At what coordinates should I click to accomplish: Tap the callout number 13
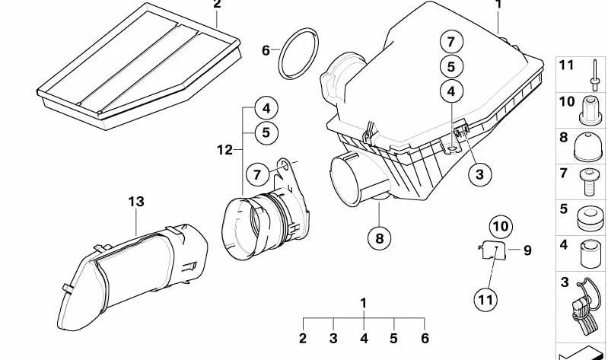[136, 202]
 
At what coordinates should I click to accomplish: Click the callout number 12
[224, 150]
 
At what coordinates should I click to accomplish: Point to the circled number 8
[379, 238]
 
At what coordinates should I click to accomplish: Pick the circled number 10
[501, 226]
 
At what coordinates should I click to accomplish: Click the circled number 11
[485, 300]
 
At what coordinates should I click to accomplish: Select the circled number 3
[479, 174]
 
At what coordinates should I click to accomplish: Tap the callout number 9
[527, 250]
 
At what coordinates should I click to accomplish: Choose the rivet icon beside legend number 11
[594, 74]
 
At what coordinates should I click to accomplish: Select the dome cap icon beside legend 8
[588, 147]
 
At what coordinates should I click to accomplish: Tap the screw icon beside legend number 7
[589, 183]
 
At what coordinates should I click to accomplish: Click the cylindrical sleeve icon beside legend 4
[590, 253]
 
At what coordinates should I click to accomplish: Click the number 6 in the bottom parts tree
[425, 338]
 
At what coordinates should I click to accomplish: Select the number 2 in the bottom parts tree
[303, 338]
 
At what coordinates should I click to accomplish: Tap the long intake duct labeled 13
[132, 276]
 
